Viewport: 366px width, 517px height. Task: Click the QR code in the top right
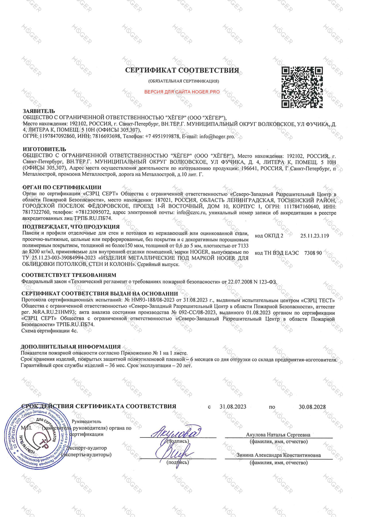(x=302, y=87)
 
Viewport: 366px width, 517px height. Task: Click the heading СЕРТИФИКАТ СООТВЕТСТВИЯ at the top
(x=182, y=70)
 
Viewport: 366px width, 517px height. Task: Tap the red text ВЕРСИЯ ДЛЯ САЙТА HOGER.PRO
(x=182, y=92)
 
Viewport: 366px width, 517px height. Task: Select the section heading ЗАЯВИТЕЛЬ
(x=39, y=111)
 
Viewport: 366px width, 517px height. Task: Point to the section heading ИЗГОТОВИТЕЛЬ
(x=44, y=149)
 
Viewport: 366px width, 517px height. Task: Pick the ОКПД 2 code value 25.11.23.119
(x=314, y=236)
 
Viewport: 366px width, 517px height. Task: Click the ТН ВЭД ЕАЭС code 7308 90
(x=313, y=253)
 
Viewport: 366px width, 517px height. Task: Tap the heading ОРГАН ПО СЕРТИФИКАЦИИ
(x=62, y=188)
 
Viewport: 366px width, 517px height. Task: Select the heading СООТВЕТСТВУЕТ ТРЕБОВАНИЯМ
(x=69, y=275)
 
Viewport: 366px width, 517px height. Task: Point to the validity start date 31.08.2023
(x=233, y=407)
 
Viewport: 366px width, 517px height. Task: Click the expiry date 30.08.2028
(x=312, y=407)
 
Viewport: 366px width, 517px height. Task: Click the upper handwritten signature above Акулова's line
(x=176, y=432)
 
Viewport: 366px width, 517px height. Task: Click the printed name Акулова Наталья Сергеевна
(x=278, y=435)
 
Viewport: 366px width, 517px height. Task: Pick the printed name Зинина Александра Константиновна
(x=279, y=455)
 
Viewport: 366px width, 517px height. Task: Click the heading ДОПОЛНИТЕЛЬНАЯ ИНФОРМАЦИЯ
(x=71, y=347)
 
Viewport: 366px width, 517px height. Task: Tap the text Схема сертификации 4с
(x=49, y=331)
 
